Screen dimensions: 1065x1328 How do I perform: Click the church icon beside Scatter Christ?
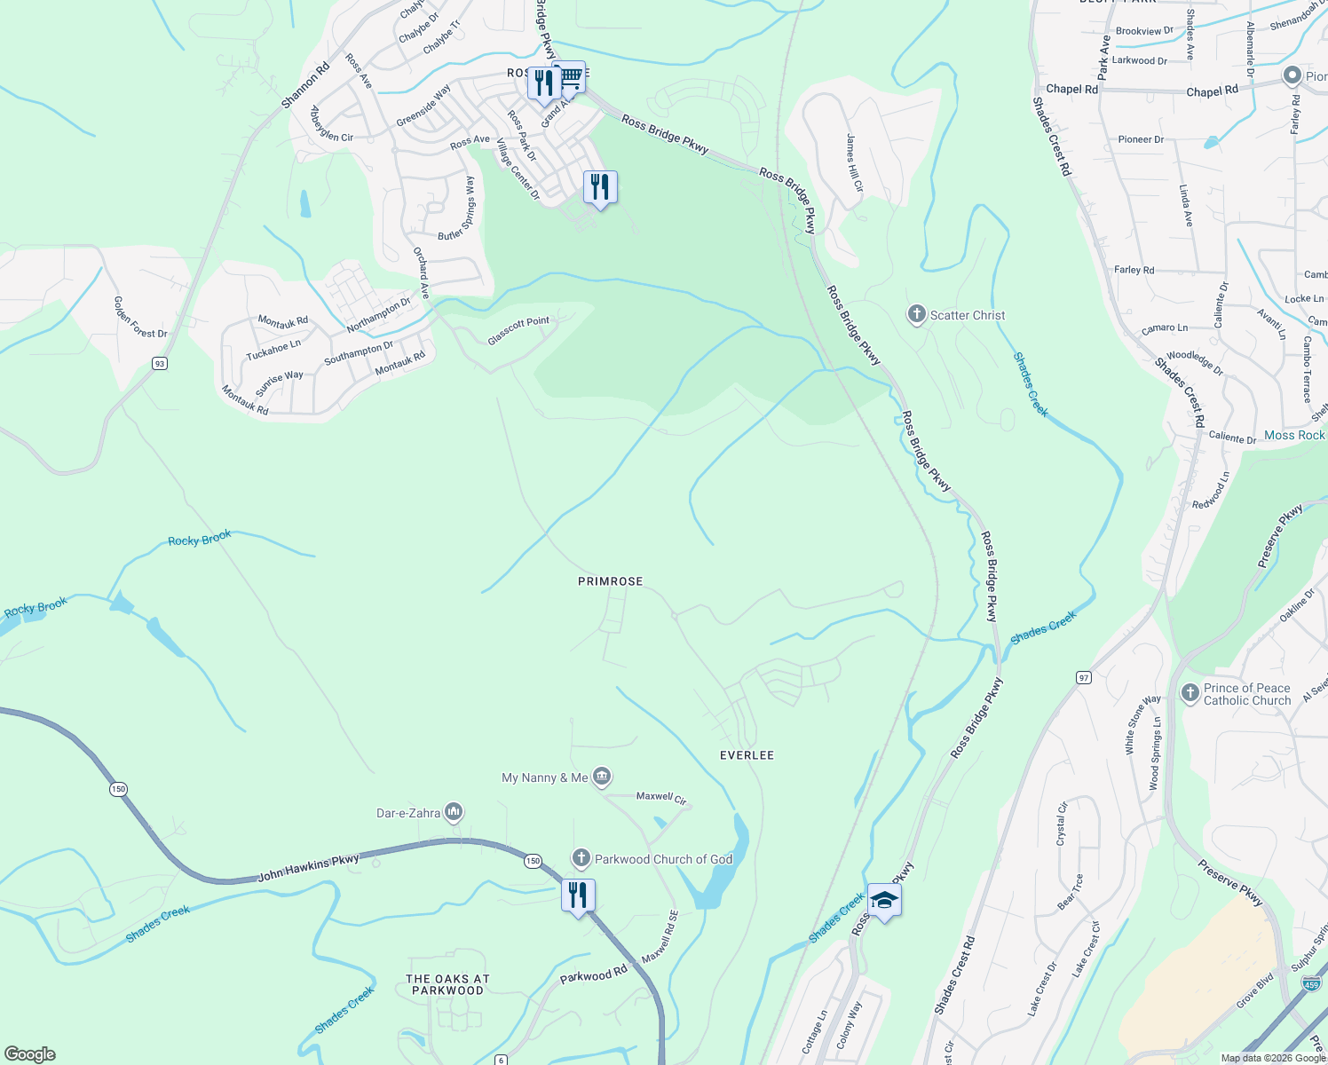click(916, 315)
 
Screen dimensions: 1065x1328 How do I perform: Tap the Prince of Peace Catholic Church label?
click(1246, 694)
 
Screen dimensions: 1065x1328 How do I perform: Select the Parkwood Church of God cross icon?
click(581, 858)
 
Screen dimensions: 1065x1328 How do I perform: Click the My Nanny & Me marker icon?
click(602, 777)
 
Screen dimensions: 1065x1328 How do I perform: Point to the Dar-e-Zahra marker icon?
click(454, 812)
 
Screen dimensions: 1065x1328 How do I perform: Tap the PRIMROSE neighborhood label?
click(610, 581)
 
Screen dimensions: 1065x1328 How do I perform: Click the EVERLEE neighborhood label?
click(747, 755)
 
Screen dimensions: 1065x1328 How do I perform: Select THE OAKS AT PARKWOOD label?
click(447, 984)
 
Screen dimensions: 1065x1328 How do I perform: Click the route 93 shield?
click(159, 363)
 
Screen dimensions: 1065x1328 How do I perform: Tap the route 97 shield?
click(1083, 677)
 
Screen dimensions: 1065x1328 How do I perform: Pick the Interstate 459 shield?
click(1311, 983)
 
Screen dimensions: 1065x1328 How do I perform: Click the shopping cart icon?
click(570, 79)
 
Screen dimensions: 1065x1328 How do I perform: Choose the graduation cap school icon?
click(884, 901)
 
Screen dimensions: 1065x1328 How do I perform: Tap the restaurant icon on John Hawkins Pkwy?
click(578, 895)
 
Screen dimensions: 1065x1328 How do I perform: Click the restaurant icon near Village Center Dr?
click(600, 187)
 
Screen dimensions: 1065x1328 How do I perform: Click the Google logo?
click(30, 1054)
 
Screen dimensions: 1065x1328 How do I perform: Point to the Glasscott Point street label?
click(518, 330)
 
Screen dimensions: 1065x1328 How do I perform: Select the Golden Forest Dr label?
click(139, 317)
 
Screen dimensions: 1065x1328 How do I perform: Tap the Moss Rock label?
click(1293, 435)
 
